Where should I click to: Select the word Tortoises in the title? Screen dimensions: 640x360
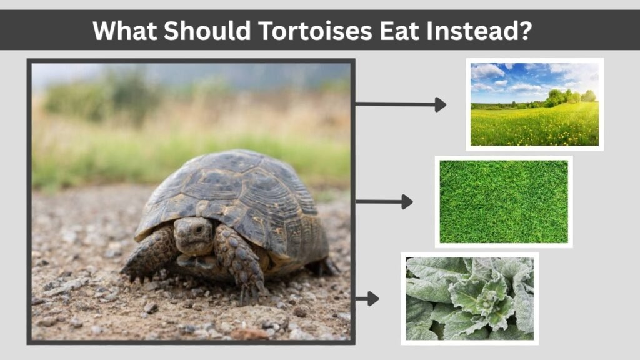[x=315, y=31]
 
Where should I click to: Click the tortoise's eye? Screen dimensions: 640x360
[x=199, y=229]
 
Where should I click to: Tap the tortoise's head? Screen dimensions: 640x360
[x=193, y=236]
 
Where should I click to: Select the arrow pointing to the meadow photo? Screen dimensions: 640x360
[x=401, y=104]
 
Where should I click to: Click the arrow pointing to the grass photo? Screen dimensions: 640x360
[x=384, y=202]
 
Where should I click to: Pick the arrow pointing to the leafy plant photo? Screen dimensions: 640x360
[x=367, y=299]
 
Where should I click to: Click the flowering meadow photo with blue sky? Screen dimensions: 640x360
[x=535, y=104]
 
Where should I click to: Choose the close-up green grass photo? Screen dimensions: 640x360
[x=504, y=202]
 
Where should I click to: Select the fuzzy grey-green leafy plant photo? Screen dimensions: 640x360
[x=470, y=298]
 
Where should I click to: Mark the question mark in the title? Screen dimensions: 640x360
[x=524, y=31]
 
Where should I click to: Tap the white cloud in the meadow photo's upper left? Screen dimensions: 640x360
[x=487, y=72]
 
